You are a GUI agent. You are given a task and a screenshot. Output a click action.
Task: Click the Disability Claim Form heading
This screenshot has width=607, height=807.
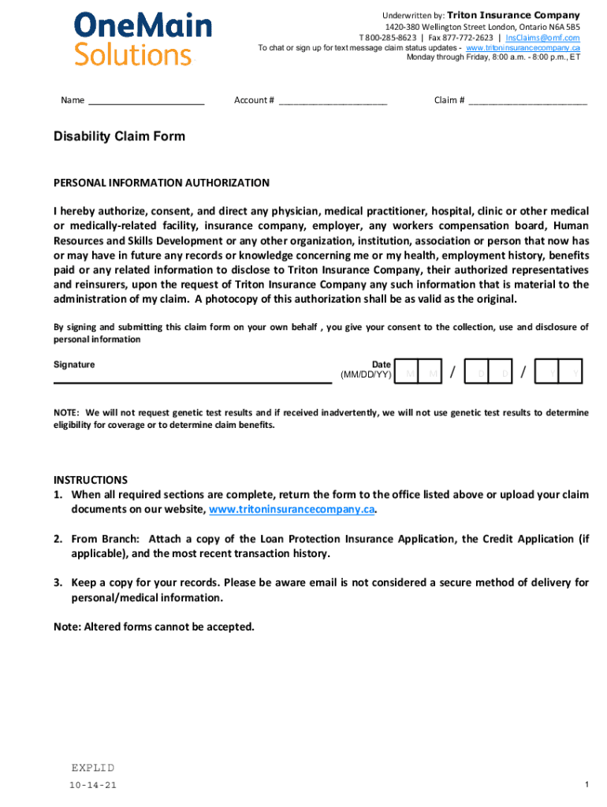point(119,136)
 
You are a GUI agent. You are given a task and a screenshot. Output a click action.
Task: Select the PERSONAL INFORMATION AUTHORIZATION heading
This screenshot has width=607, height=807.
point(161,183)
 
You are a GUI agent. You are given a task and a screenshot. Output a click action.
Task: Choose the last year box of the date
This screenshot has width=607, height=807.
point(570,373)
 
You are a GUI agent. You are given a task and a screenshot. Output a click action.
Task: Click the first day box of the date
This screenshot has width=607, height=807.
point(480,373)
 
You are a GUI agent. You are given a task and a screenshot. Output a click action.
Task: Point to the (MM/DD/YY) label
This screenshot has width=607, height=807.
point(365,375)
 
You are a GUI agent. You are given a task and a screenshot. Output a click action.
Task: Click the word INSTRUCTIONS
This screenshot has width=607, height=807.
point(90,480)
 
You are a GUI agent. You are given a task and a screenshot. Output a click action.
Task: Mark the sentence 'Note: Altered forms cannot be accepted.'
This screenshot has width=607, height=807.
point(154,627)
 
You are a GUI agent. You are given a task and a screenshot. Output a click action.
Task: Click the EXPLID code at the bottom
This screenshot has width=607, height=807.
point(92,768)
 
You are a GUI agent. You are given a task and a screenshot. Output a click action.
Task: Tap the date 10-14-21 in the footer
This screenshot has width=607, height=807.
point(93,786)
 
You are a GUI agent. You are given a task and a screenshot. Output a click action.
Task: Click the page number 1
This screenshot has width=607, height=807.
point(587,785)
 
